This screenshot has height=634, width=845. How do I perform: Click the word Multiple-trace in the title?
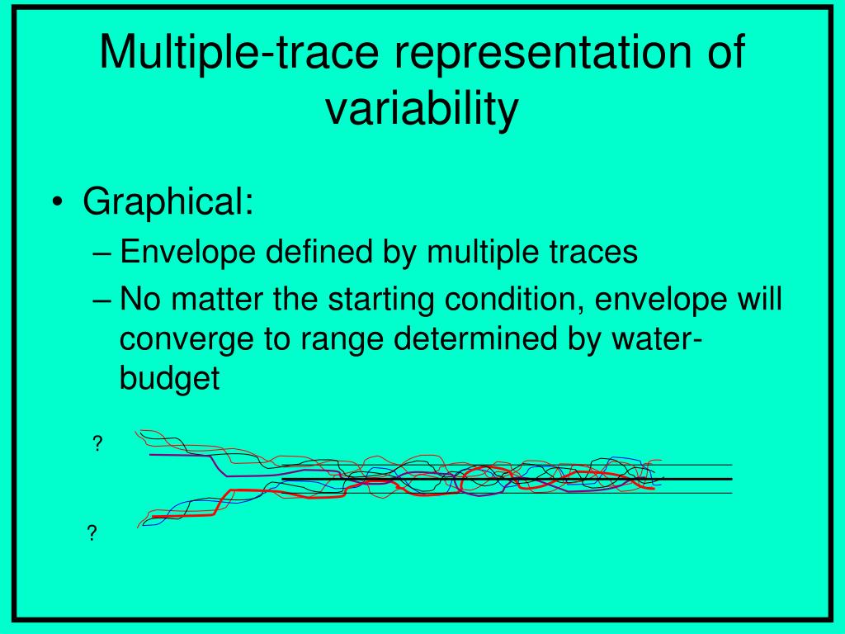point(239,53)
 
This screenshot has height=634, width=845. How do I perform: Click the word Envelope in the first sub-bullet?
point(187,252)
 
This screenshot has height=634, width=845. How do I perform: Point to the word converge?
point(187,340)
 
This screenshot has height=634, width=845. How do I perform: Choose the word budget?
point(170,378)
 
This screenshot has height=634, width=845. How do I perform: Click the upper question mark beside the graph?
point(97,443)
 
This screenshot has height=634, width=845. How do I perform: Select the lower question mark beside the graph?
point(92,533)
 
